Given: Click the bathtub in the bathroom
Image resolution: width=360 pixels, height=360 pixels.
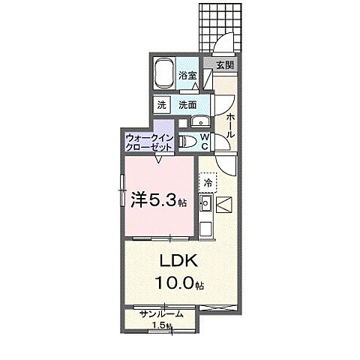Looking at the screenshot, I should click(166, 74).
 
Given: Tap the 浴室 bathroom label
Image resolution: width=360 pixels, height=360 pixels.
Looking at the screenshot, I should click(187, 76).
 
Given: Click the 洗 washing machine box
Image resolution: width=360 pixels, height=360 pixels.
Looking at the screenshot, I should click(163, 105).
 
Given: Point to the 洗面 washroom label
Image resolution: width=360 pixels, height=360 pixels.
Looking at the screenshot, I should click(187, 105).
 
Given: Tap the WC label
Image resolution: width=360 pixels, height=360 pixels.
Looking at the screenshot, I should click(204, 142).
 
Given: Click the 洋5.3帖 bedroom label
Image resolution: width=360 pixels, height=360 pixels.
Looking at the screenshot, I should click(158, 200).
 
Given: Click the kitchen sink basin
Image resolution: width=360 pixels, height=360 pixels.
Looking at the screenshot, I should click(205, 202).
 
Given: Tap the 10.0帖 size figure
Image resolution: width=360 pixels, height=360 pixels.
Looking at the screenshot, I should click(179, 283).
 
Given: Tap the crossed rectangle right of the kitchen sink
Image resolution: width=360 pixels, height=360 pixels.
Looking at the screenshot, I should click(226, 202).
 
